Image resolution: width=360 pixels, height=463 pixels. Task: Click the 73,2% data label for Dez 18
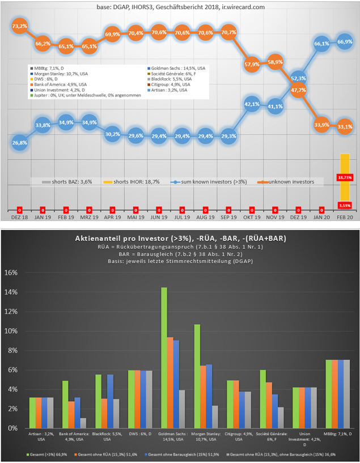19,26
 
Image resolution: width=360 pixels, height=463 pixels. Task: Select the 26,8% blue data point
19,143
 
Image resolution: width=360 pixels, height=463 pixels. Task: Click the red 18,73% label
345,177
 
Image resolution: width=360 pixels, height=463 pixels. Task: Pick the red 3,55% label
345,205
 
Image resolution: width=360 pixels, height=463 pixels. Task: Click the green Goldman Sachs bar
164,358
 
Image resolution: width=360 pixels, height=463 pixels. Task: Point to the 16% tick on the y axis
11,273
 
